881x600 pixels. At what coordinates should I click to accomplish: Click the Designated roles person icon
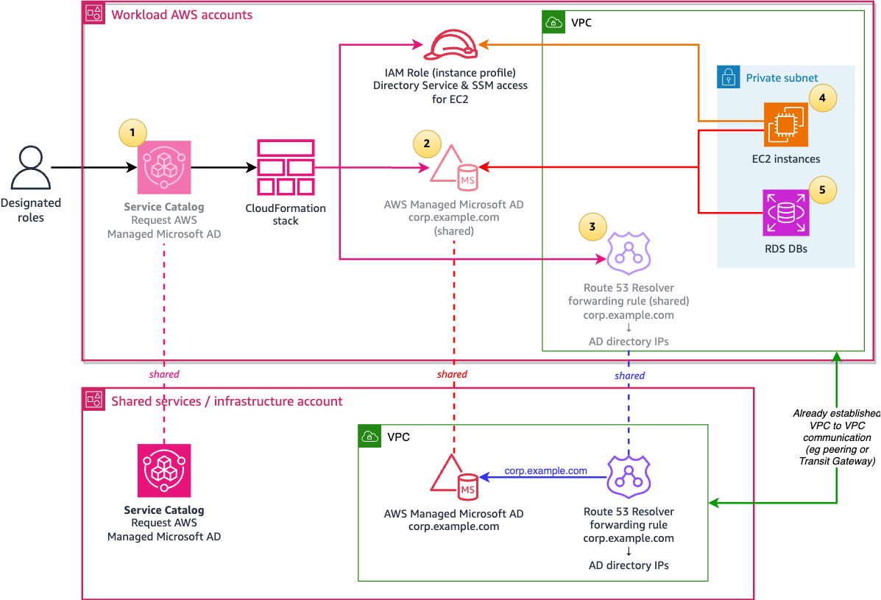click(31, 168)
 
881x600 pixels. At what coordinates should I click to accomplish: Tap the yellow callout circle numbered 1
click(132, 133)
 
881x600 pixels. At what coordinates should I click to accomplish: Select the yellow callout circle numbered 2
click(427, 143)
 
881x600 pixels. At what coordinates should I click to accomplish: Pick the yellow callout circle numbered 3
click(593, 227)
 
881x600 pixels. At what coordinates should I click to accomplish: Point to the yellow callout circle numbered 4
click(822, 97)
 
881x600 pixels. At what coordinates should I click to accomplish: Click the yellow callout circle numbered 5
click(822, 190)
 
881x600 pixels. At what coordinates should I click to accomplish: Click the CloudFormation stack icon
click(286, 168)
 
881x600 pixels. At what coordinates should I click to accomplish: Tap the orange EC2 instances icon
click(785, 125)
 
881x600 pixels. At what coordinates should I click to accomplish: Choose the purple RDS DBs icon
click(785, 213)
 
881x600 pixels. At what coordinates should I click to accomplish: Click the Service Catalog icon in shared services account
click(164, 470)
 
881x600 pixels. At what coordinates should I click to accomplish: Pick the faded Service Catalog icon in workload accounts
click(164, 168)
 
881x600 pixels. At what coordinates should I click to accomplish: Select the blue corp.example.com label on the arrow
click(545, 470)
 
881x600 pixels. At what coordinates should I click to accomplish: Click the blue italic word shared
click(629, 375)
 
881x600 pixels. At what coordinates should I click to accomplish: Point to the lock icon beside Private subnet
click(728, 77)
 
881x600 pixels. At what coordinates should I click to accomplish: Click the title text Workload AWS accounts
click(181, 15)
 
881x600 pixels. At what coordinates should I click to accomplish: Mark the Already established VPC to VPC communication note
click(836, 437)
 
